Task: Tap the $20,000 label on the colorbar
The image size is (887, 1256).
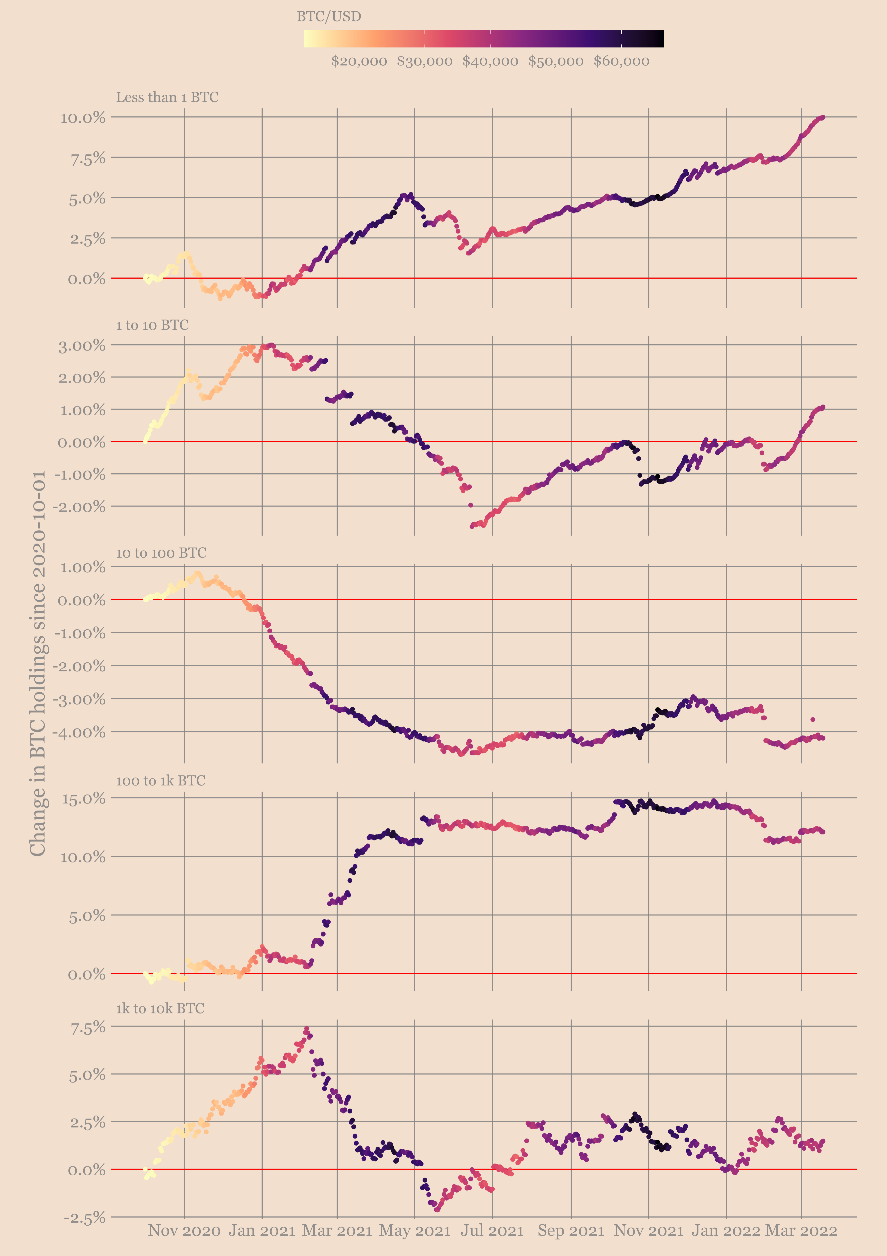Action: pyautogui.click(x=359, y=61)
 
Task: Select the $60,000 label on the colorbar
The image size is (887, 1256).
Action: pyautogui.click(x=621, y=61)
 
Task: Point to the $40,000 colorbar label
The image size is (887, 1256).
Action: pyautogui.click(x=490, y=61)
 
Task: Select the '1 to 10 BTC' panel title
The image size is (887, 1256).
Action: pyautogui.click(x=152, y=325)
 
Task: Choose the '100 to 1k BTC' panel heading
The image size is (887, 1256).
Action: pyautogui.click(x=160, y=781)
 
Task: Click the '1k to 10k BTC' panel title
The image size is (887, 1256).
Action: pyautogui.click(x=160, y=1008)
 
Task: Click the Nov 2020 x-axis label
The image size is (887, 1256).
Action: pyautogui.click(x=184, y=1231)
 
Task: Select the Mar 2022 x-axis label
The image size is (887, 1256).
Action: pyautogui.click(x=801, y=1231)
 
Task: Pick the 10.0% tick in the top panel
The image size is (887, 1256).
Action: pyautogui.click(x=83, y=118)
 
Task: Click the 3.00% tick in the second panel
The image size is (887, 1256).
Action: pyautogui.click(x=82, y=346)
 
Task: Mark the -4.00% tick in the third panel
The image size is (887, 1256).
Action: pyautogui.click(x=79, y=732)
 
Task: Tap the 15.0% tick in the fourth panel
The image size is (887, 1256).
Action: pyautogui.click(x=83, y=799)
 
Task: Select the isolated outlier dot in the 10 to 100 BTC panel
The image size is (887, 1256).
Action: pyautogui.click(x=813, y=719)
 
